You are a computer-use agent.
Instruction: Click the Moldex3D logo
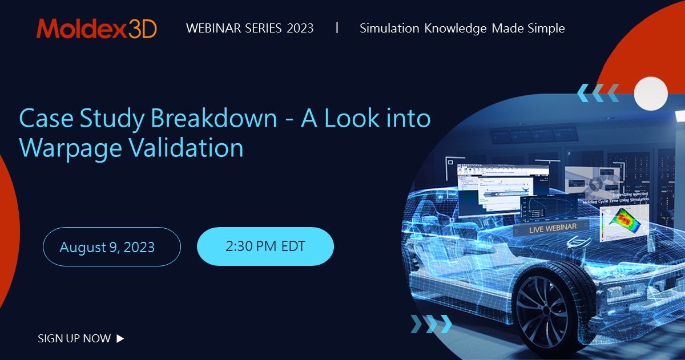click(96, 29)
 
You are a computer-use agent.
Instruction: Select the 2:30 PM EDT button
click(265, 246)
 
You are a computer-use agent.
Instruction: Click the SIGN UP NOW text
click(74, 338)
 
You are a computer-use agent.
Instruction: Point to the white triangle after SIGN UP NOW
click(120, 338)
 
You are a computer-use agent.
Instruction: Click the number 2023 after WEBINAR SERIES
click(300, 29)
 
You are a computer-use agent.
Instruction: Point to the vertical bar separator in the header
click(337, 27)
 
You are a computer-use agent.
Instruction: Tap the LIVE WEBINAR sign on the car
click(545, 227)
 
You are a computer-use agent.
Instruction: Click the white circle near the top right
click(651, 94)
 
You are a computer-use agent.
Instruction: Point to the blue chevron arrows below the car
click(432, 324)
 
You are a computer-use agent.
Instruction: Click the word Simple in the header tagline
click(546, 29)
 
